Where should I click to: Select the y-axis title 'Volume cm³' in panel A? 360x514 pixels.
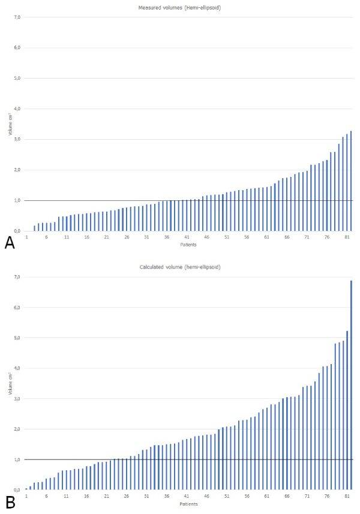[x=10, y=123]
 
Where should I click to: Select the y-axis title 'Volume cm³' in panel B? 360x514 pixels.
[x=10, y=382]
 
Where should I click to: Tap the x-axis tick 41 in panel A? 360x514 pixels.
[x=187, y=238]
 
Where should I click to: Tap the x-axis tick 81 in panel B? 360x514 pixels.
[x=347, y=497]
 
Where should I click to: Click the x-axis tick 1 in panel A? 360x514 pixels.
[x=26, y=238]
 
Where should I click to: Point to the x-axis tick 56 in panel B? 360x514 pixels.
[x=247, y=497]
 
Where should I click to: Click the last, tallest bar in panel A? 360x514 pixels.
[x=351, y=180]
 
